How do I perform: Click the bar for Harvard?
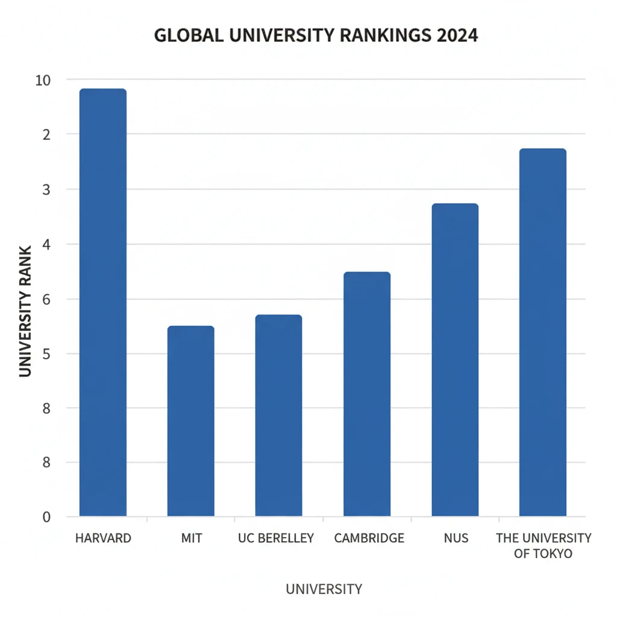tap(102, 301)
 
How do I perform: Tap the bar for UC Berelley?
tap(278, 415)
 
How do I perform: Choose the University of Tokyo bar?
tap(542, 332)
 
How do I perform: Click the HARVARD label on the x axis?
tap(103, 538)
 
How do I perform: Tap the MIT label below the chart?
tap(192, 538)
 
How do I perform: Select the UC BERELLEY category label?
tap(277, 538)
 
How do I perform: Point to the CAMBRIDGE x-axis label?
tap(369, 538)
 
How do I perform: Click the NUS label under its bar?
tap(456, 538)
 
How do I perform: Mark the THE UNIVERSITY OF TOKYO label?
tap(543, 545)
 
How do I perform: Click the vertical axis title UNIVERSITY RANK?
tap(25, 311)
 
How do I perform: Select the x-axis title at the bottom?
tap(324, 589)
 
